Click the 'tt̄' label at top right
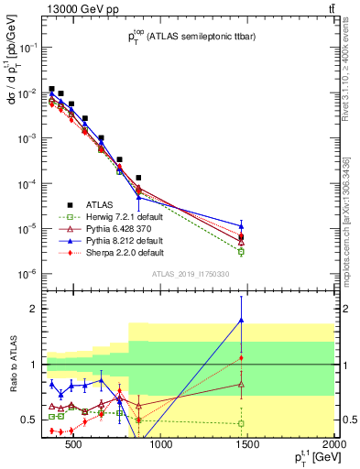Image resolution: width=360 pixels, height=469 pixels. point(331,8)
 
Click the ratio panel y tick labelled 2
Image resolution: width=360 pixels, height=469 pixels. point(34,309)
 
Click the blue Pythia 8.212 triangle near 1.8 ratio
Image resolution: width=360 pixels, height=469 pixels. point(241,320)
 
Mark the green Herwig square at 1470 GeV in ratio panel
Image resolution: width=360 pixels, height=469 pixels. point(241,423)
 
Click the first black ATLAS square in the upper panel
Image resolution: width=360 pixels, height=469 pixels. point(52,89)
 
